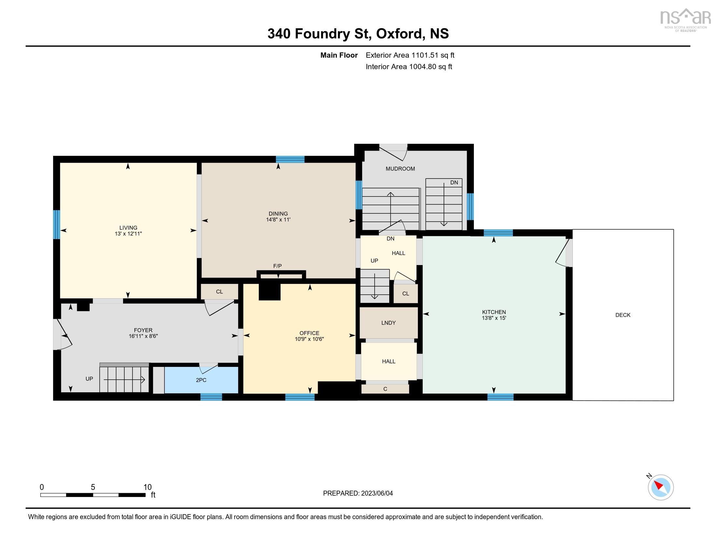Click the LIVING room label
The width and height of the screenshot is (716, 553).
tap(128, 228)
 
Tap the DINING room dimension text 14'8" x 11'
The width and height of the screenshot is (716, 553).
tap(278, 220)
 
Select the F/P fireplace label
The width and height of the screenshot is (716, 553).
tap(277, 266)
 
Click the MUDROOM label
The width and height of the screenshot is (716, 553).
tap(400, 169)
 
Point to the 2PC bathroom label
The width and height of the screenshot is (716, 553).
tap(201, 380)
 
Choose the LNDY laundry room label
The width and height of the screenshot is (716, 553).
tap(388, 323)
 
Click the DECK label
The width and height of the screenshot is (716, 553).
tap(623, 315)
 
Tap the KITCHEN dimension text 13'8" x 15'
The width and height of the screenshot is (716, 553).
tap(494, 318)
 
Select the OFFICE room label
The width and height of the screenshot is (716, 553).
tap(309, 333)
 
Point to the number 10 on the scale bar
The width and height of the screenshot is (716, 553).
tap(147, 487)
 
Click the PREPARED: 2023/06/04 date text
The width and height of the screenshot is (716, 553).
tap(358, 493)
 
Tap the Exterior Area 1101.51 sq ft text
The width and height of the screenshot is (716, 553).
tap(410, 55)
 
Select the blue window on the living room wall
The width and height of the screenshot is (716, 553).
tap(57, 224)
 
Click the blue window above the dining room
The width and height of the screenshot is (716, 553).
tap(290, 159)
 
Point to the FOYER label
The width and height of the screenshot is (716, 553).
tap(143, 330)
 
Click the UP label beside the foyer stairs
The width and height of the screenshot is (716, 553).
tap(89, 379)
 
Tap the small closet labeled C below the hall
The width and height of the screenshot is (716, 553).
tap(385, 389)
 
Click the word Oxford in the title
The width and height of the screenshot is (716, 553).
tap(399, 34)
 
